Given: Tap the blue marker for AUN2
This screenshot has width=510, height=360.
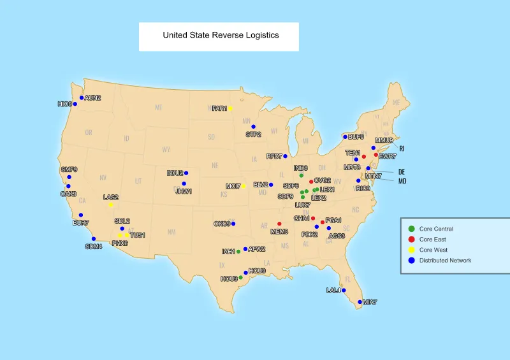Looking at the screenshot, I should click(x=82, y=98).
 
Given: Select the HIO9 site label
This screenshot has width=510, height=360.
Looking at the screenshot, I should click(x=64, y=104).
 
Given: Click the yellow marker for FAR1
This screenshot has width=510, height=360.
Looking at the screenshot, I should click(x=230, y=108).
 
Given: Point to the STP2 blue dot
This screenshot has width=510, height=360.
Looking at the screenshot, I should click(x=253, y=127).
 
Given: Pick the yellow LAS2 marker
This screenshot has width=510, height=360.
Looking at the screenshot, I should click(x=111, y=205).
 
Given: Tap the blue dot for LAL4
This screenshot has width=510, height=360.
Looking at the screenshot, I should click(x=343, y=291).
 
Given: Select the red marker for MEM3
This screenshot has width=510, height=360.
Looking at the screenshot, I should click(x=279, y=224).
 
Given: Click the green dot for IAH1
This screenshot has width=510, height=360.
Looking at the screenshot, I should click(x=238, y=252).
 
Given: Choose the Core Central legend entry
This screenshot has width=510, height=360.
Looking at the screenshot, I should click(x=436, y=229).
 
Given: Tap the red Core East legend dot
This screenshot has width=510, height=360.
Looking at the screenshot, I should click(x=412, y=239).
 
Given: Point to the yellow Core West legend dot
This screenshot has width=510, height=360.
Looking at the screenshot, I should click(x=412, y=250).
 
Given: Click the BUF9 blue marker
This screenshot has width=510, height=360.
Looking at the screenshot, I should click(x=345, y=137).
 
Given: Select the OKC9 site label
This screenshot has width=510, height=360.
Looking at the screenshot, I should click(x=222, y=224).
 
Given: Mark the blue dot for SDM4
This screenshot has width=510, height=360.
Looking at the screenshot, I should click(x=94, y=239).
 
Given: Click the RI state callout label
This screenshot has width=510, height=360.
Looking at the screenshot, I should click(x=402, y=148).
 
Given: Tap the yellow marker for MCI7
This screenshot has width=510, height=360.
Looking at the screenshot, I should click(x=244, y=186).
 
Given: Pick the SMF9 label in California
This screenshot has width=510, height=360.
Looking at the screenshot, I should click(x=69, y=169).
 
